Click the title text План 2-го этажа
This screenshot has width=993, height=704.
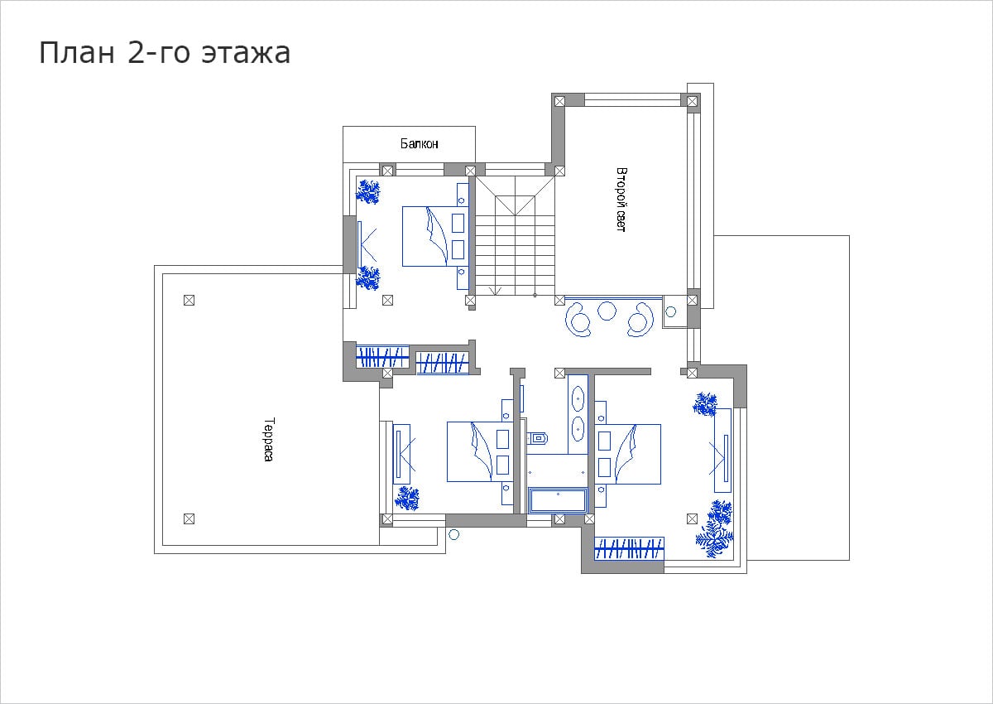165,53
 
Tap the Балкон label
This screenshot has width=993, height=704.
419,143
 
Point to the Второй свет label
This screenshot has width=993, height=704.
621,199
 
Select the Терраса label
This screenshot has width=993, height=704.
269,439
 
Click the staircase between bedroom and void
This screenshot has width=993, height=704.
515,235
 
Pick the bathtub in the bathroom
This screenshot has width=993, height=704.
558,499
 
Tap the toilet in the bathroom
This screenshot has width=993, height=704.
537,438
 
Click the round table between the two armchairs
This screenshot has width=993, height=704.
607,311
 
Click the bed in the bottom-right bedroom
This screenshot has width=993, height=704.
627,454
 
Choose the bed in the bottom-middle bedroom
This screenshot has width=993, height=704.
480,451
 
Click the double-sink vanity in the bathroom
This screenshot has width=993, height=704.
578,414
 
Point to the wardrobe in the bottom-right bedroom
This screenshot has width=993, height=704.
629,549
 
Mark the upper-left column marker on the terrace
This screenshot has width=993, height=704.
189,301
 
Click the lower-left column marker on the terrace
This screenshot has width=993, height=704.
189,518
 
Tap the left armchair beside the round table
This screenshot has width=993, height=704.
578,319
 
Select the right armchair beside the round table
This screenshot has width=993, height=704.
640,320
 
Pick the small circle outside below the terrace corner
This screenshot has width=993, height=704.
453,534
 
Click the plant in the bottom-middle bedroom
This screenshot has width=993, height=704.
407,498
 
